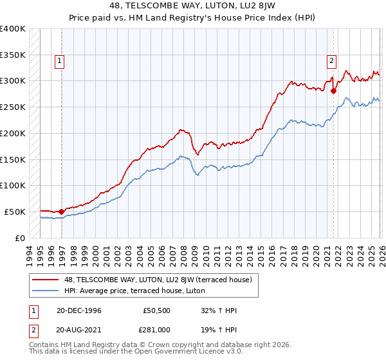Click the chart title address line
click(x=193, y=7)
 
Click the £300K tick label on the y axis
click(x=12, y=81)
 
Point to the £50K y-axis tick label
click(x=15, y=212)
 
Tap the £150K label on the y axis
click(x=12, y=159)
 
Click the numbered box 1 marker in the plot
click(x=59, y=61)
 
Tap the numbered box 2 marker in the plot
click(x=331, y=61)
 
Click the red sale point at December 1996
click(x=62, y=211)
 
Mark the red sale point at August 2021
click(x=333, y=91)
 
